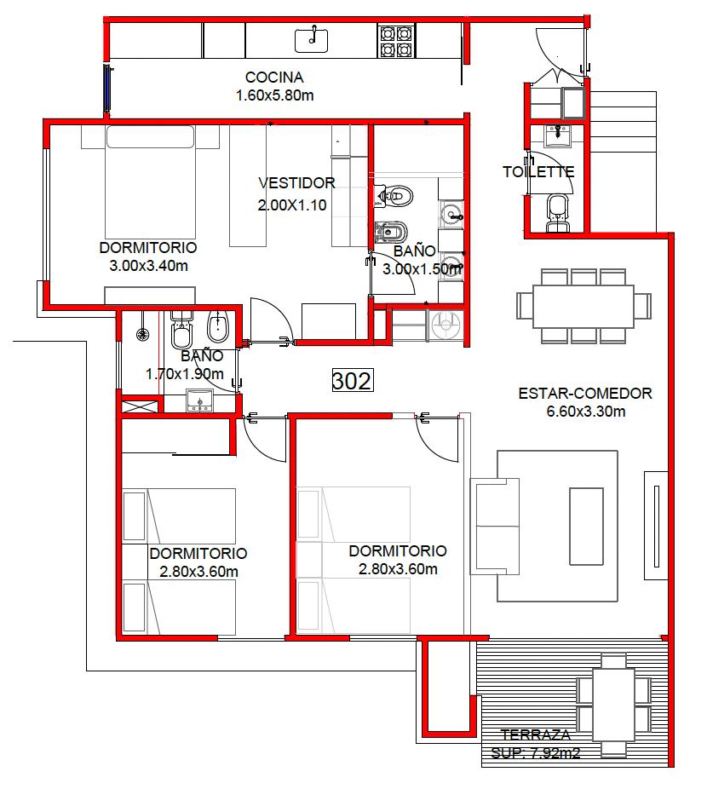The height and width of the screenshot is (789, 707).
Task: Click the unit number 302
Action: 353,380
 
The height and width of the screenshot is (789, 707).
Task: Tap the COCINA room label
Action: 274,78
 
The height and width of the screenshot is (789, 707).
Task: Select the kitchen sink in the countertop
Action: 312,40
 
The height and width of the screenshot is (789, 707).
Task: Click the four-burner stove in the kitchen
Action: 397,42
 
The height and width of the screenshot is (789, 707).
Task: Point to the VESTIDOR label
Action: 297,182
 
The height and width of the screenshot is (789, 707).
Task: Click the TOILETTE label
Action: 538,172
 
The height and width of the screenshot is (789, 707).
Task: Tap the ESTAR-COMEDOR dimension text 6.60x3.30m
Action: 586,412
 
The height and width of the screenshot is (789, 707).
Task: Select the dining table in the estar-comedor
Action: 583,306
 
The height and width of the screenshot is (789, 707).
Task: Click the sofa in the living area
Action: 495,527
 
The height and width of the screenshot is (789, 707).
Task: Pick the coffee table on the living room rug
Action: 586,527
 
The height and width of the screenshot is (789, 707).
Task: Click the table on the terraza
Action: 613,705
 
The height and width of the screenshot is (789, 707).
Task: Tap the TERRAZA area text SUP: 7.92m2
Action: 536,753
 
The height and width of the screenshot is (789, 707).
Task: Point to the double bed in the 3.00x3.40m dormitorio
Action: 150,181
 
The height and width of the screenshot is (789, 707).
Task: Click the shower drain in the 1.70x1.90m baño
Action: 143,334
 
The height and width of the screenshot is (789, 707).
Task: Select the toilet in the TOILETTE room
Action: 558,213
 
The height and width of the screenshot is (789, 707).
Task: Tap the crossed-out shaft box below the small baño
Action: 140,406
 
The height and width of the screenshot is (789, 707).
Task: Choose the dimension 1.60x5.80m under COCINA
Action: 275,95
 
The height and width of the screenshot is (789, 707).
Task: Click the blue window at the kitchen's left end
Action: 107,88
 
